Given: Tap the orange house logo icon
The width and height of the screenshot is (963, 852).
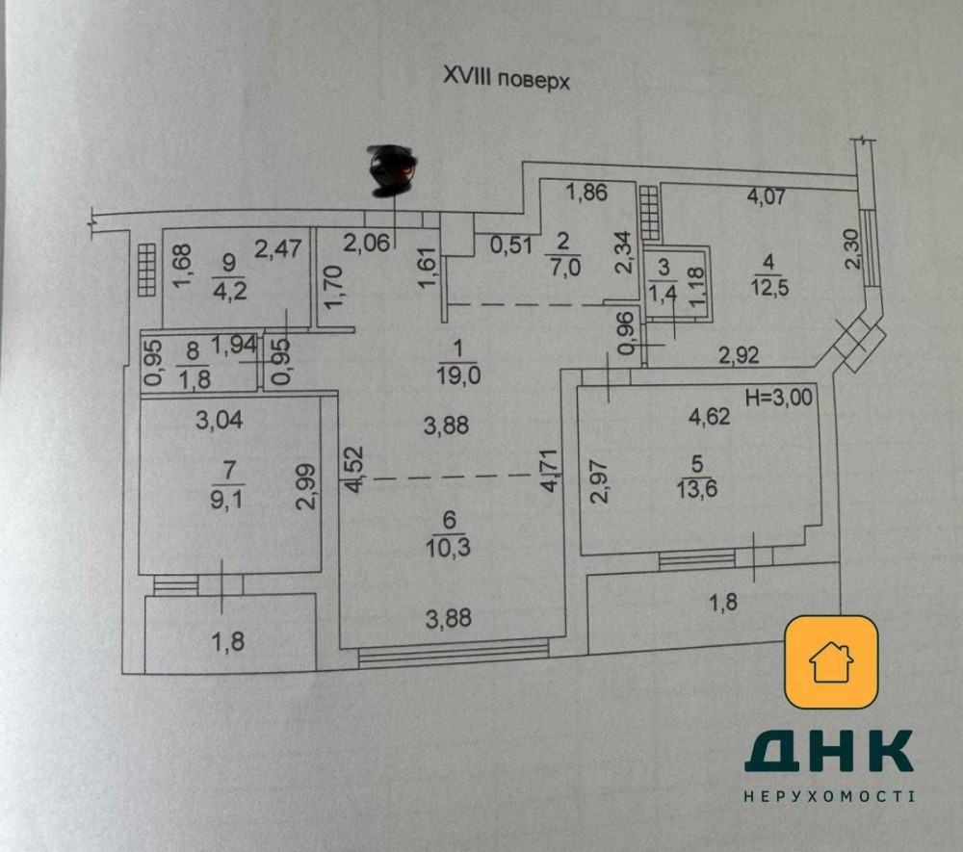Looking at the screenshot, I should click(830, 662).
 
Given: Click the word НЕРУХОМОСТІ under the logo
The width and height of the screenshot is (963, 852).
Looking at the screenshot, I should click(829, 796).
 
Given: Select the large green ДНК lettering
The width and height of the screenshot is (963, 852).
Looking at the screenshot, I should click(829, 752).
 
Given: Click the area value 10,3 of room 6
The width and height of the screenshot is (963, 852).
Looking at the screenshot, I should click(449, 548).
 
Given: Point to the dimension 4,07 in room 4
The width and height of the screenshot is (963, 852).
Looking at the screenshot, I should click(767, 199).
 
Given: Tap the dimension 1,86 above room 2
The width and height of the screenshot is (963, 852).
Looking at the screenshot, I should click(586, 193).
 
